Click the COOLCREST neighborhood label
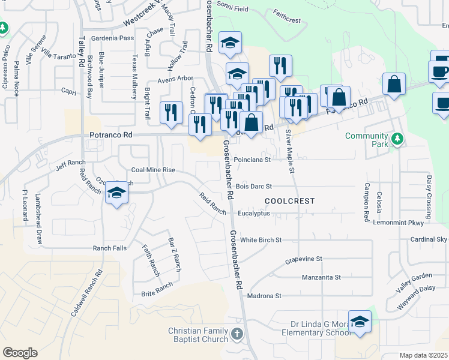[289, 201]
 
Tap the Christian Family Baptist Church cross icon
[237, 334]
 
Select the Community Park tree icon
[396, 139]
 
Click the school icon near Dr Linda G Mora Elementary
[360, 322]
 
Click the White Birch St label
[261, 240]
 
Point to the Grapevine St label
[303, 259]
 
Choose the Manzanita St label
[321, 277]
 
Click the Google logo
[20, 352]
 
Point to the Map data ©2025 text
[423, 355]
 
